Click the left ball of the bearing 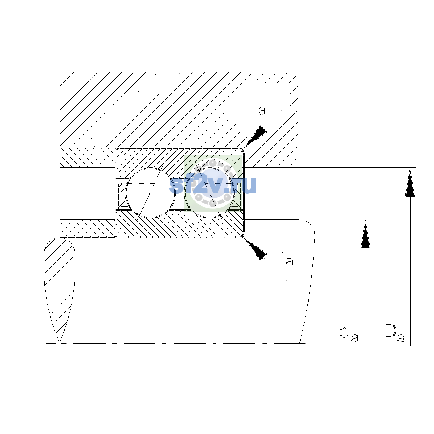pos(150,193)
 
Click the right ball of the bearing pos(209,193)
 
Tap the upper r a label pos(259,107)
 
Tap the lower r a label pos(286,258)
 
